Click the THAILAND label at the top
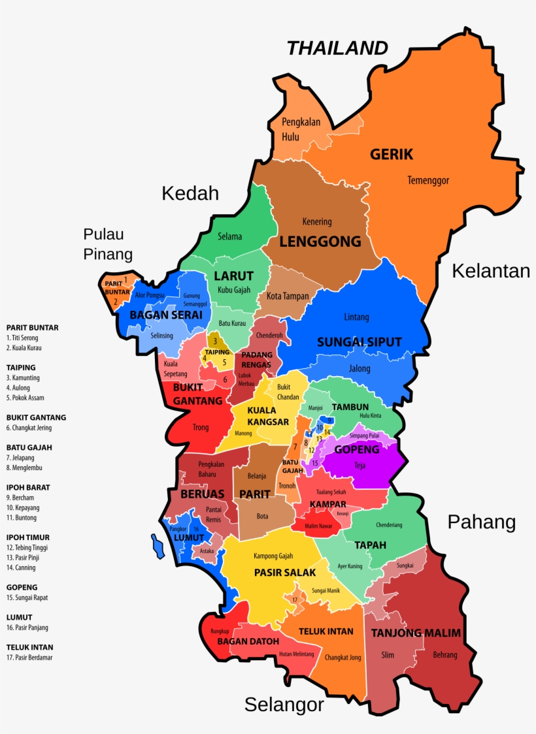pos(337,48)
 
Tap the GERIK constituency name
pos(392,154)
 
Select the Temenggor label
pos(428,180)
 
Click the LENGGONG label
pos(320,241)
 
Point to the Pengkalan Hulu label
pos(299,129)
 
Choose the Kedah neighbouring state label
pos(190,193)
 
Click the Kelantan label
pos(490,270)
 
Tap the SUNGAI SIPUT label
pos(359,342)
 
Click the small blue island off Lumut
pos(158,547)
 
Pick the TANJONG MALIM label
pos(416,633)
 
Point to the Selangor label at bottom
pos(284,704)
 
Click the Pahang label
pos(481,522)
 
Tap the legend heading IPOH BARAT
pos(28,487)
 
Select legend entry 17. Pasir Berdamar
pos(29,658)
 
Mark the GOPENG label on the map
pos(357,449)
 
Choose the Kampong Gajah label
pos(273,556)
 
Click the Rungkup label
pos(220,631)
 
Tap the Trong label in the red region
pos(201,428)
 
